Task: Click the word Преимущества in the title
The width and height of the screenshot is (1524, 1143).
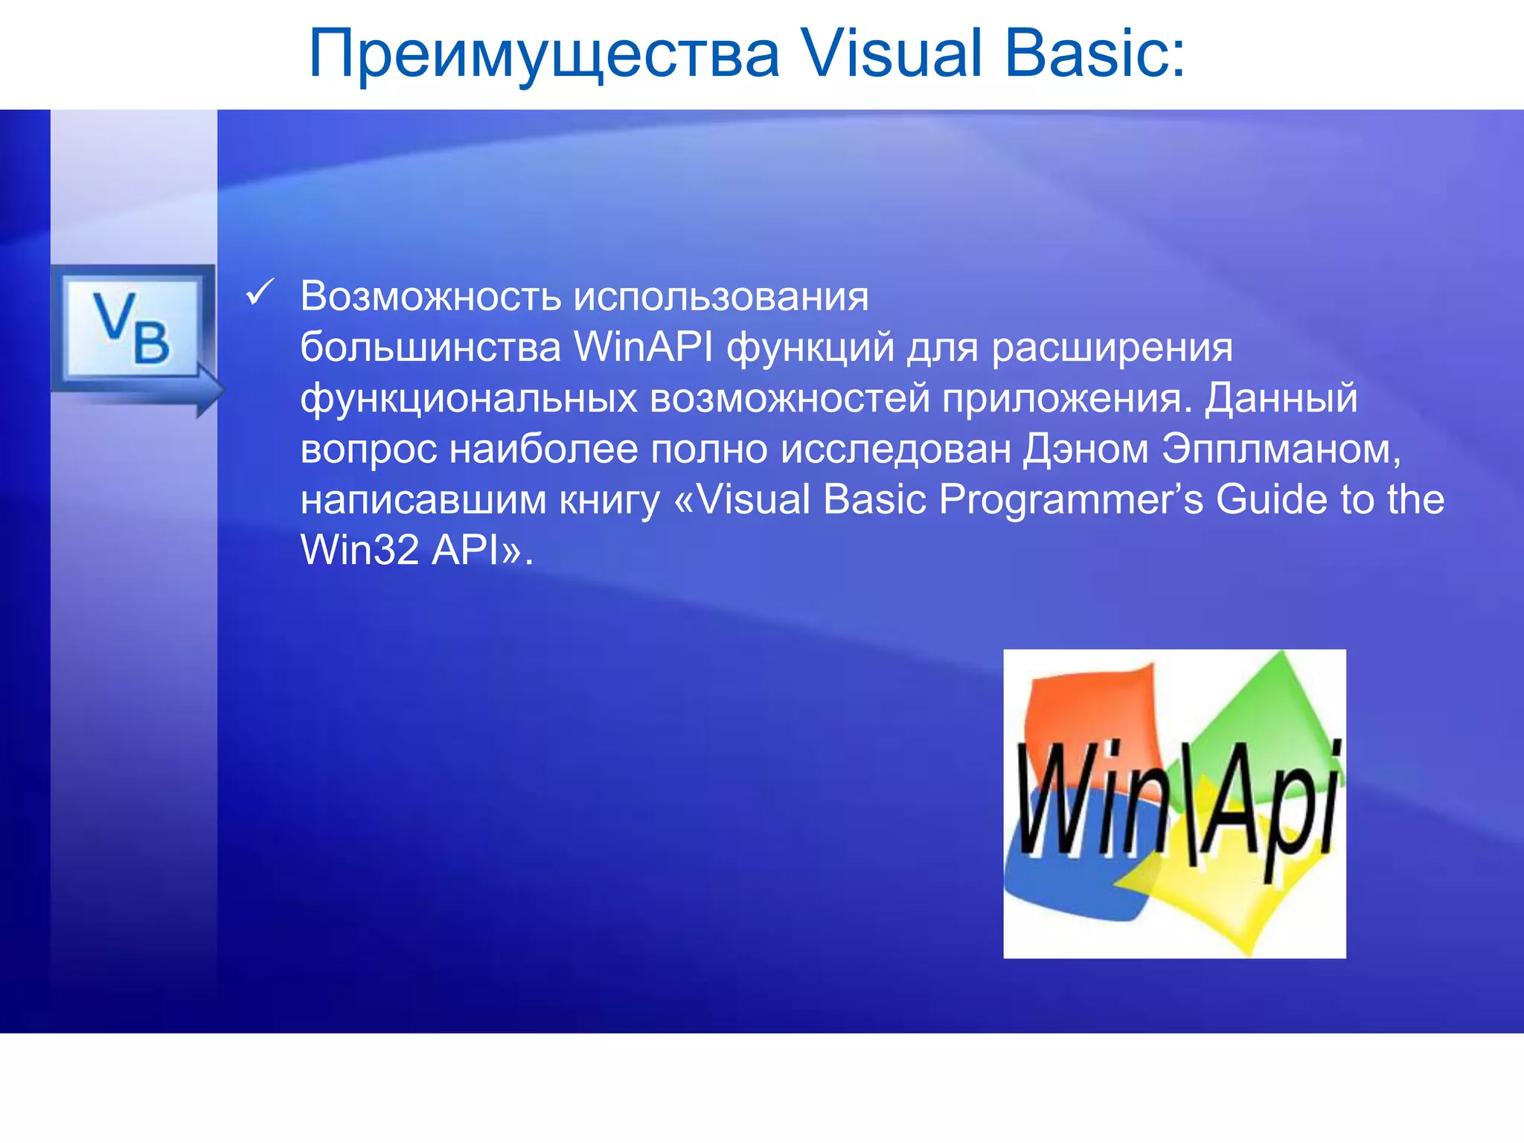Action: [543, 54]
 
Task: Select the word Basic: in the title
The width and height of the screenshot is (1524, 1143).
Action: [1095, 54]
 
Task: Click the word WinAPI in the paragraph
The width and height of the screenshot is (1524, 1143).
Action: [643, 347]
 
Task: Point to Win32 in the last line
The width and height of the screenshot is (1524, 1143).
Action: [359, 550]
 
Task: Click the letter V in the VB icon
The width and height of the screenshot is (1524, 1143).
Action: [114, 316]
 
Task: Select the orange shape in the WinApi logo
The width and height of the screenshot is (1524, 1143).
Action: [1086, 707]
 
